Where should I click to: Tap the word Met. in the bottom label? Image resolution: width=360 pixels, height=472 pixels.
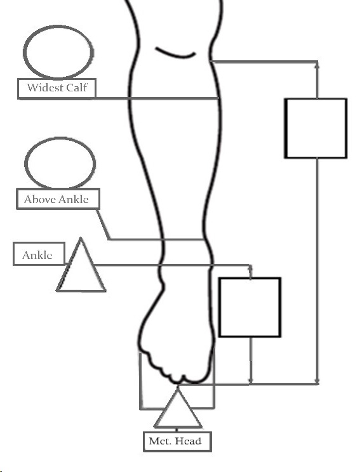(161, 442)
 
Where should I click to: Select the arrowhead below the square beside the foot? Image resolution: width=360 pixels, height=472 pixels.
(251, 381)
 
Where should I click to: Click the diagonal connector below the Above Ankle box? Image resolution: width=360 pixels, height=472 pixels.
(103, 225)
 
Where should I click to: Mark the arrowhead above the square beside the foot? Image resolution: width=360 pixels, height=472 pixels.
(250, 268)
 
